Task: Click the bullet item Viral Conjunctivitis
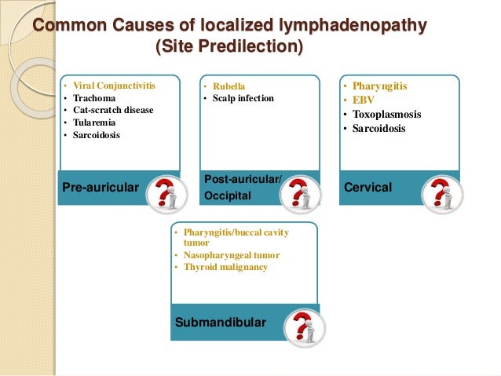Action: coord(114,86)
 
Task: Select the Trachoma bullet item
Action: coord(94,98)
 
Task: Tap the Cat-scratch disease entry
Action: coord(113,110)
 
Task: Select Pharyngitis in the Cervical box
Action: coord(380,86)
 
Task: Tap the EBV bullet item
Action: coord(364,100)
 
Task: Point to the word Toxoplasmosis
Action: coord(386,115)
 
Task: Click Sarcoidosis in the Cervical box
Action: coord(379,129)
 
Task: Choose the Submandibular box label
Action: coord(221,323)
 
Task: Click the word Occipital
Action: coord(227,195)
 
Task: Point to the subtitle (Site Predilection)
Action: coord(229,48)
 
